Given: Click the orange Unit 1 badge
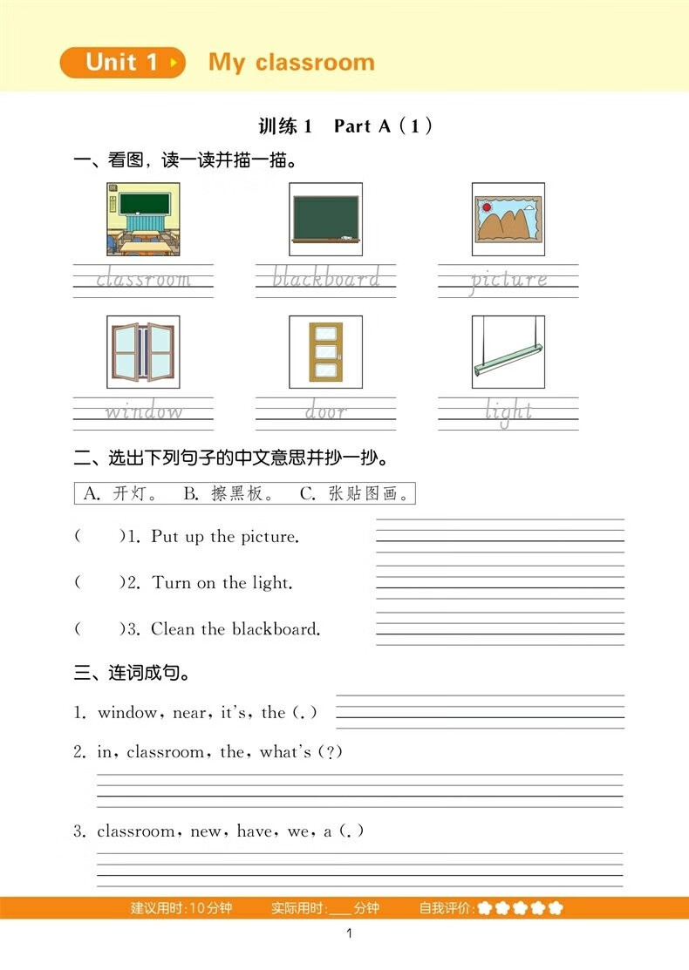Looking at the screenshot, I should (122, 63).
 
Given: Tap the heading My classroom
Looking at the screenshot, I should (291, 63).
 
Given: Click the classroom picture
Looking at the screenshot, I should (143, 219).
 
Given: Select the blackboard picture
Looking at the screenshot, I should (325, 219).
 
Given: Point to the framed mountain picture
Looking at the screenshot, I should (508, 219).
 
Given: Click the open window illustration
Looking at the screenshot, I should (143, 352).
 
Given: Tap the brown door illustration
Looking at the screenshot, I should (325, 352).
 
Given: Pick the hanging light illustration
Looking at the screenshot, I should (508, 352).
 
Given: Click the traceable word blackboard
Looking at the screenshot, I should (325, 279).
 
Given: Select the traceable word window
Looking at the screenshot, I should (144, 411).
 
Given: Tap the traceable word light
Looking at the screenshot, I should (508, 411).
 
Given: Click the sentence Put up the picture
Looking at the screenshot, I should (225, 537).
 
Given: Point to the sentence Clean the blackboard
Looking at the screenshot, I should (235, 629).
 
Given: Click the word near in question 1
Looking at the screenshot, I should (190, 713).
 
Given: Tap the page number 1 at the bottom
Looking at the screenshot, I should (348, 935).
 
